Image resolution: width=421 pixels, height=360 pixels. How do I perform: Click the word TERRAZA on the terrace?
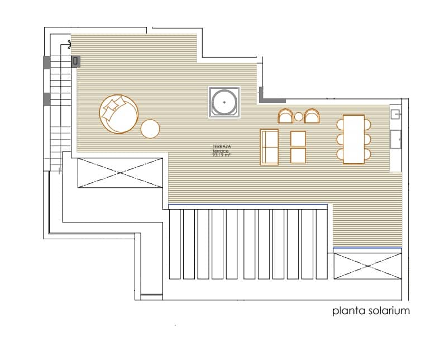(222, 146)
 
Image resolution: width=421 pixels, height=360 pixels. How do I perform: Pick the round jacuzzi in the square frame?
(224, 102)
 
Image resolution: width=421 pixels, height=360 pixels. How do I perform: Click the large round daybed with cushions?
(118, 114)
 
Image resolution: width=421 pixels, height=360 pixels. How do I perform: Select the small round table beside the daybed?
(150, 129)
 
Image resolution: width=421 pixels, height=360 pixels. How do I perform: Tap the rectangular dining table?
(353, 139)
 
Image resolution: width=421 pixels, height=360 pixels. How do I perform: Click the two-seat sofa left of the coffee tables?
(270, 147)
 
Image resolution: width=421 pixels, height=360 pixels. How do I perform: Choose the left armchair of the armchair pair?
(285, 116)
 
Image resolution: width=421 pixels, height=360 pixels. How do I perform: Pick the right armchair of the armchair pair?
(312, 116)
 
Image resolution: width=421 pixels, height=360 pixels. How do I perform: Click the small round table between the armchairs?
(299, 117)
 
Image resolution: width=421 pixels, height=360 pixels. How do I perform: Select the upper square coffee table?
(298, 138)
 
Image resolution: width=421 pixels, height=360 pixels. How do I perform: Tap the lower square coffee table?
(298, 155)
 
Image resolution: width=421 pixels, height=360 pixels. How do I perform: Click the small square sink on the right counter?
(396, 113)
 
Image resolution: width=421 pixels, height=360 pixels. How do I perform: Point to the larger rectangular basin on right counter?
(397, 140)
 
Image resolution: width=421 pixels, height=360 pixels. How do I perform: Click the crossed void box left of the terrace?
(120, 173)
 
